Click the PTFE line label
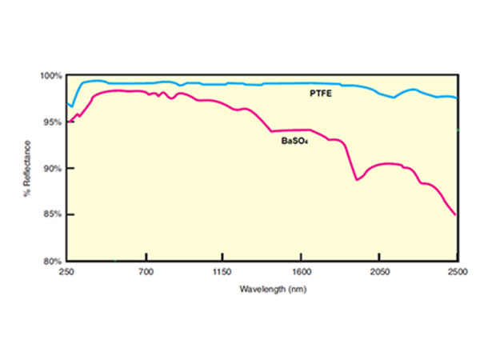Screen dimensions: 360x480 (x=322, y=94)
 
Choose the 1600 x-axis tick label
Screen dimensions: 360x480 (x=301, y=273)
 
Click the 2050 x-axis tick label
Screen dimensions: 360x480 (x=378, y=273)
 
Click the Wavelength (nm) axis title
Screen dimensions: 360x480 (x=262, y=288)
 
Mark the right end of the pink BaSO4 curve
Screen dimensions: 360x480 (x=456, y=215)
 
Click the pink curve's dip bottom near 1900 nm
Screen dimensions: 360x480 (x=357, y=180)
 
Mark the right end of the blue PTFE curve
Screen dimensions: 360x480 (x=457, y=98)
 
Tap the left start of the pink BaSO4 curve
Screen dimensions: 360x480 (x=70, y=122)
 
